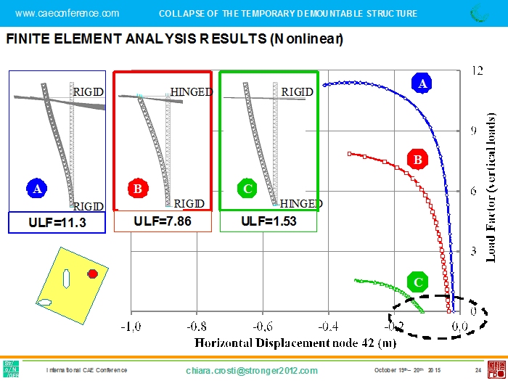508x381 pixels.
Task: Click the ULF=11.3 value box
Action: coord(57,223)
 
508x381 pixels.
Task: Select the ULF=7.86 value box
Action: coord(163,221)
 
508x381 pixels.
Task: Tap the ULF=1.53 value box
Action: coord(269,221)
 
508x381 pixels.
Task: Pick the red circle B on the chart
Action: coord(417,159)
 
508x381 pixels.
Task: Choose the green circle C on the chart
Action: coord(417,282)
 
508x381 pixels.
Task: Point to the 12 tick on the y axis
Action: coord(477,71)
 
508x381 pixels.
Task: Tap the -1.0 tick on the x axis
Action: coord(131,326)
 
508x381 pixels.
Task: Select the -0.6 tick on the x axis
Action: coord(262,326)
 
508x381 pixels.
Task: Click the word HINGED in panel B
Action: coord(192,92)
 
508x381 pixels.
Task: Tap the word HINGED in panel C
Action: coord(301,203)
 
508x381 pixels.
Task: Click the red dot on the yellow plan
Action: coord(92,274)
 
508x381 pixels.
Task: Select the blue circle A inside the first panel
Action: coord(37,189)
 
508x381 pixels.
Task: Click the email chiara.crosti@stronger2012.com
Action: coord(252,371)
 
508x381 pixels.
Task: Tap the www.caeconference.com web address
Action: coord(67,13)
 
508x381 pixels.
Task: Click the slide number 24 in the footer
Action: coord(478,371)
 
